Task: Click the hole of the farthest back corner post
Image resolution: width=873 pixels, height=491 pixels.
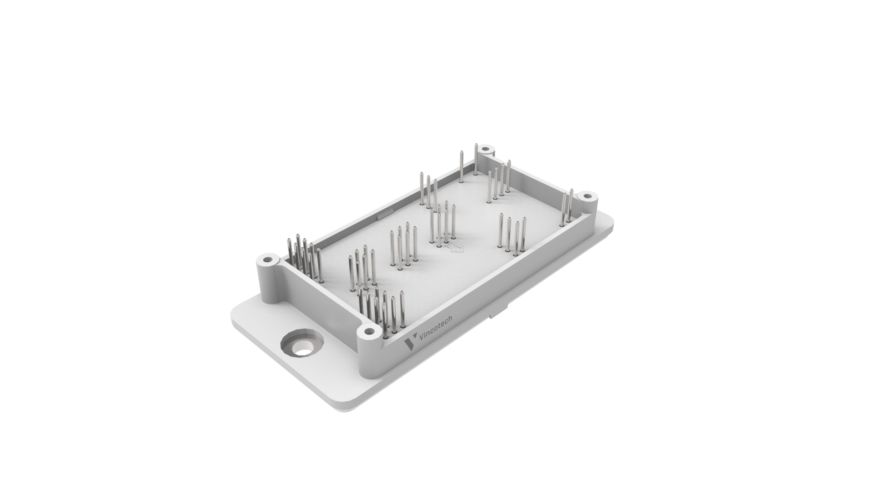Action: [486, 149]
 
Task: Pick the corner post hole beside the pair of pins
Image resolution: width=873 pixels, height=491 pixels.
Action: [588, 197]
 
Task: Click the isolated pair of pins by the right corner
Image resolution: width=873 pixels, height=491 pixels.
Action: [567, 207]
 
